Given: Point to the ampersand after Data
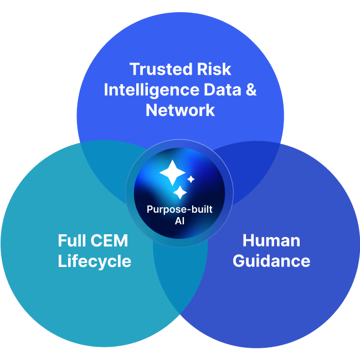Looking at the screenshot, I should (x=251, y=90).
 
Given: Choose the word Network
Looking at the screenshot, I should (x=180, y=110).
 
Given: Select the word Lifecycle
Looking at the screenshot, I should (x=94, y=261).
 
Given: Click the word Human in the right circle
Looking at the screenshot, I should (x=271, y=241).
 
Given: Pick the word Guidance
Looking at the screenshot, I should (x=271, y=261).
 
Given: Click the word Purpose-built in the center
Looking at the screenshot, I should (x=179, y=210).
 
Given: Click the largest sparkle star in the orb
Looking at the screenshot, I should (x=172, y=173).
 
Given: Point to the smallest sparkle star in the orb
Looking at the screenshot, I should (x=191, y=179).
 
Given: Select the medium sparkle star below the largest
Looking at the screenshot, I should (x=180, y=192).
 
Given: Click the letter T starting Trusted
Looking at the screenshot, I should (x=135, y=69).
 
